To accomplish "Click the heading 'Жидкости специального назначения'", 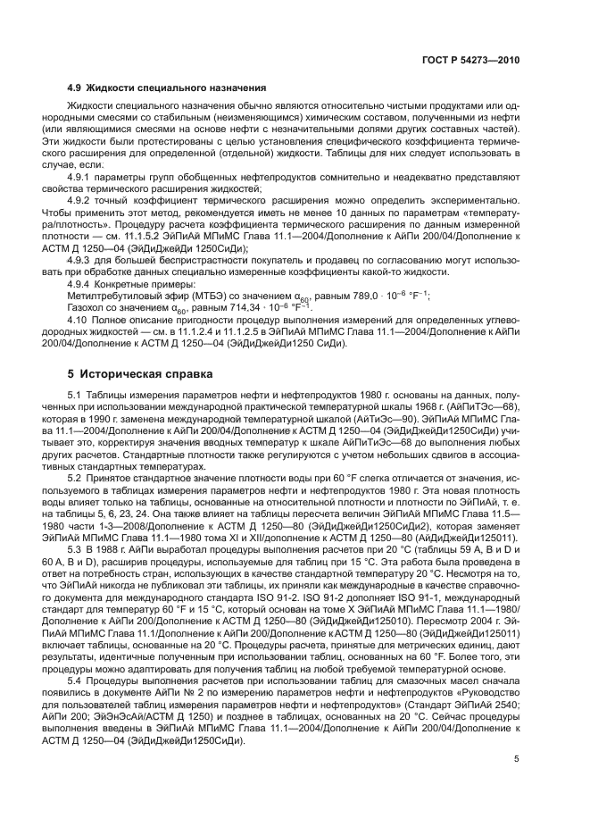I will [x=178, y=88].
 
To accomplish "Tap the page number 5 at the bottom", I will [x=516, y=761].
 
